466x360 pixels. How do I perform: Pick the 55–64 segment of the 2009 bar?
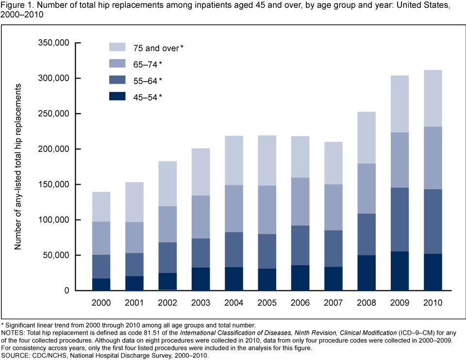click(395, 220)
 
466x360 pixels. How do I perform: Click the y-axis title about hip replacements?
click(18, 167)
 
